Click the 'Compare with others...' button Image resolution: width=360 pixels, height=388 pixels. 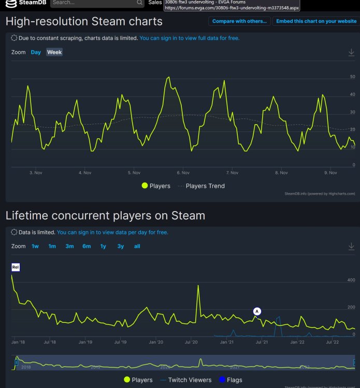click(x=239, y=21)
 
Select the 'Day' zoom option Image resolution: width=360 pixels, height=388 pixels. click(x=36, y=52)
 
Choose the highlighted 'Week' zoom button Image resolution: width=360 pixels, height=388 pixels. click(x=54, y=52)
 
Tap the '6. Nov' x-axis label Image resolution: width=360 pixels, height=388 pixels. click(x=182, y=173)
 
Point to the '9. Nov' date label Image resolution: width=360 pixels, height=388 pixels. click(x=330, y=173)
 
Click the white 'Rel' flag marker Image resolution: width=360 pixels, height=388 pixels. click(x=16, y=267)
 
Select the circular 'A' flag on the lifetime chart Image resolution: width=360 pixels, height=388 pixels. click(x=257, y=311)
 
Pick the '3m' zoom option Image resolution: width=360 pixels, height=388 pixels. click(x=69, y=246)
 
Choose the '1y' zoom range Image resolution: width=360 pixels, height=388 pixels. click(x=103, y=246)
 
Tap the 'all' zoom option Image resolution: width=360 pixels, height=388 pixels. click(x=137, y=246)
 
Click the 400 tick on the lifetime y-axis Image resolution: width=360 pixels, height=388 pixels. click(x=351, y=280)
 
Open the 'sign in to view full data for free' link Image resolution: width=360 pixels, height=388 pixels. click(x=190, y=38)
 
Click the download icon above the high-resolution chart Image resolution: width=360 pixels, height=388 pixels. click(x=351, y=52)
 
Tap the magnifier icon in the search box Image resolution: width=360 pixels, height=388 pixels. click(x=139, y=3)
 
